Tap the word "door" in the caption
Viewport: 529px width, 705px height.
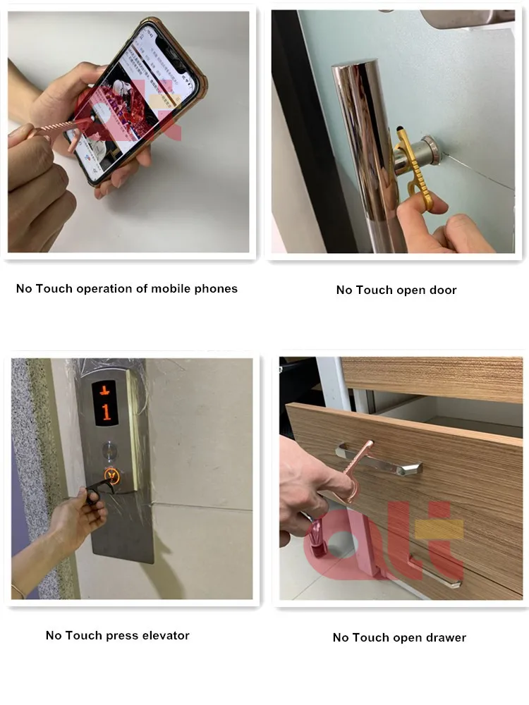click(x=442, y=290)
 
